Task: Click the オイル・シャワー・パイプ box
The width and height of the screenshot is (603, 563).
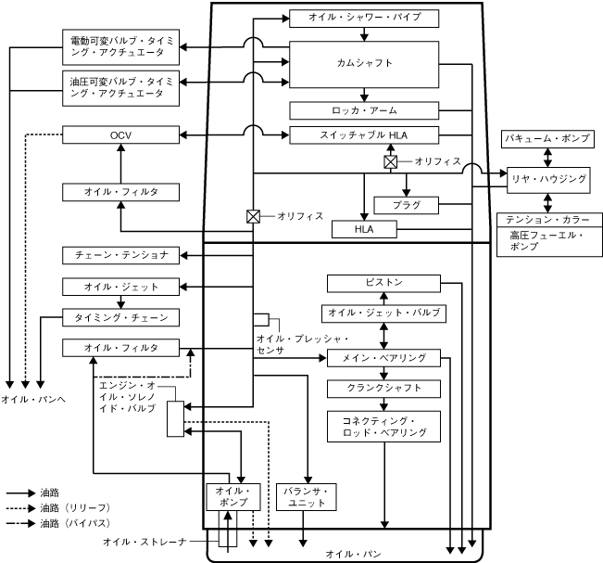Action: [x=363, y=18]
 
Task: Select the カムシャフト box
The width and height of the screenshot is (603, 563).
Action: [x=363, y=64]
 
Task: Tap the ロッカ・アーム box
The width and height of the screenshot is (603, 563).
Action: [x=363, y=110]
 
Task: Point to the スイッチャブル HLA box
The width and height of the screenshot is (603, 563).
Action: [x=363, y=135]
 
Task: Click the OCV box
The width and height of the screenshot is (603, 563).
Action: [x=119, y=135]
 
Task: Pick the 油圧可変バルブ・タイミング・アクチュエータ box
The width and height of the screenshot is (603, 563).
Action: [x=119, y=86]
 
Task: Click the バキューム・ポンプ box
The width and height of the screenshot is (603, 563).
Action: [x=546, y=138]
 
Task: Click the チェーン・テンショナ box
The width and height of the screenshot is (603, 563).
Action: [x=119, y=254]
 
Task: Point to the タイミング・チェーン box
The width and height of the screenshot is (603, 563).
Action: [x=119, y=317]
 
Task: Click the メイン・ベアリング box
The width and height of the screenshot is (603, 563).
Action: [x=383, y=357]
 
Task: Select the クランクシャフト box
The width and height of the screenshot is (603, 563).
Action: [x=383, y=388]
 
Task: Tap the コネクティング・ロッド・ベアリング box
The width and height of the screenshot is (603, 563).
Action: [x=383, y=427]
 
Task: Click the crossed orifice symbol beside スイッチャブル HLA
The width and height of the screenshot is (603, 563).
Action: [x=391, y=161]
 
